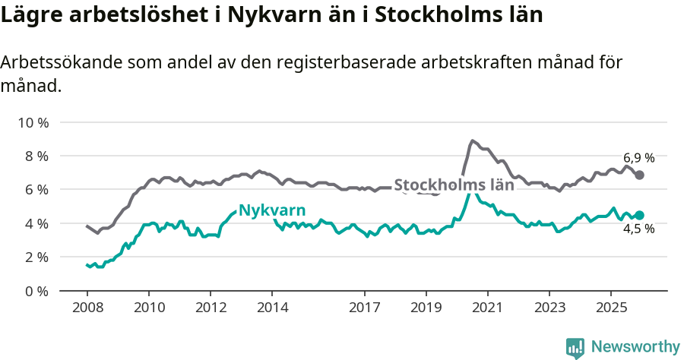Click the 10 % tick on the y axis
point(33,122)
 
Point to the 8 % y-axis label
point(36,156)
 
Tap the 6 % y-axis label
point(36,189)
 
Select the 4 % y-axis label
point(36,223)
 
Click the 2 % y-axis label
point(36,257)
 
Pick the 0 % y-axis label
point(36,291)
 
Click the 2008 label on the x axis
point(87,308)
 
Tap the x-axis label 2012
point(211,308)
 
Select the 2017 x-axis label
point(365,308)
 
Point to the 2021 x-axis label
point(488,308)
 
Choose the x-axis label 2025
point(611,308)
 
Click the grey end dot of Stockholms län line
point(640,175)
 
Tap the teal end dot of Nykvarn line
point(640,216)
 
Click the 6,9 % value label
point(639,158)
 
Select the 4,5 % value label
point(639,229)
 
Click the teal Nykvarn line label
point(272,210)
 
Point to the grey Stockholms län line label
point(454,185)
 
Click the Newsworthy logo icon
point(575,348)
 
